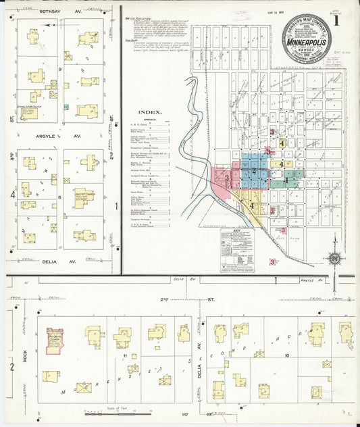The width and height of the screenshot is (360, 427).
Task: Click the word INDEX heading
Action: click(x=149, y=114)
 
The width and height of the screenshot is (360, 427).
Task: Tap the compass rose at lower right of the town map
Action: click(x=334, y=258)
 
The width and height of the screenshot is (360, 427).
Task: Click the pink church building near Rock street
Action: click(x=54, y=340)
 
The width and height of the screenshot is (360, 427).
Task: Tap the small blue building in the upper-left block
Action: click(x=66, y=107)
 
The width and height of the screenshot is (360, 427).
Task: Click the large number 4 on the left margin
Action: click(x=11, y=196)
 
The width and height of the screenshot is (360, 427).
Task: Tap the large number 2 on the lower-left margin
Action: click(x=11, y=367)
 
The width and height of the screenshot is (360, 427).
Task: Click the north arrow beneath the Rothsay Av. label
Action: click(x=49, y=24)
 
